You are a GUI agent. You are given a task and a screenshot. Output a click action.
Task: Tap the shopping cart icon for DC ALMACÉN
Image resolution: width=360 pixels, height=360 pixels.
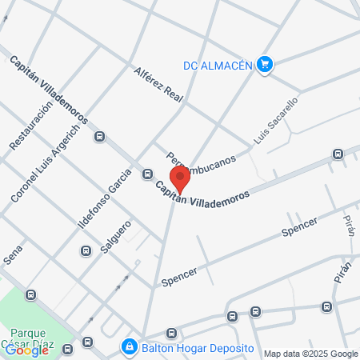tap(266, 66)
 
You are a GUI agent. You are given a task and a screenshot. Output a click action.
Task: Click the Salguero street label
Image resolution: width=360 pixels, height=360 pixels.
tap(116, 236)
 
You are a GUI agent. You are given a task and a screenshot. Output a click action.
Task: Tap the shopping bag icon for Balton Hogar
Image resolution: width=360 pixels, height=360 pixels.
tap(128, 347)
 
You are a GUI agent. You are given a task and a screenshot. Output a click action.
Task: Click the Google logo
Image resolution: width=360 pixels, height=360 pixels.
tap(26, 350)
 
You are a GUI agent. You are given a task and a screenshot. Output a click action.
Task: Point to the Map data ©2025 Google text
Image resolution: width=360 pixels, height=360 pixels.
tap(311, 354)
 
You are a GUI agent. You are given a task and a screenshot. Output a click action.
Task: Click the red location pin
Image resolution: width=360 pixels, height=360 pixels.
tap(181, 178)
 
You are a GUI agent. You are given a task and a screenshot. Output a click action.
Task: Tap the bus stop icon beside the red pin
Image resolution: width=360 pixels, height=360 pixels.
tap(148, 174)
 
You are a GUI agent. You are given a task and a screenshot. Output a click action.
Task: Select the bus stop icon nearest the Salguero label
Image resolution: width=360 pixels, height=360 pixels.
tap(85, 251)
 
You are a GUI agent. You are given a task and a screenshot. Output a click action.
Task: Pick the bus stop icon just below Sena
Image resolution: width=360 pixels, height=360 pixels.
tap(30, 294)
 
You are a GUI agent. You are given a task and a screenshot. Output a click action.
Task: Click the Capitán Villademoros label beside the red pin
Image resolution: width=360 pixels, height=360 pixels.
tap(203, 194)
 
